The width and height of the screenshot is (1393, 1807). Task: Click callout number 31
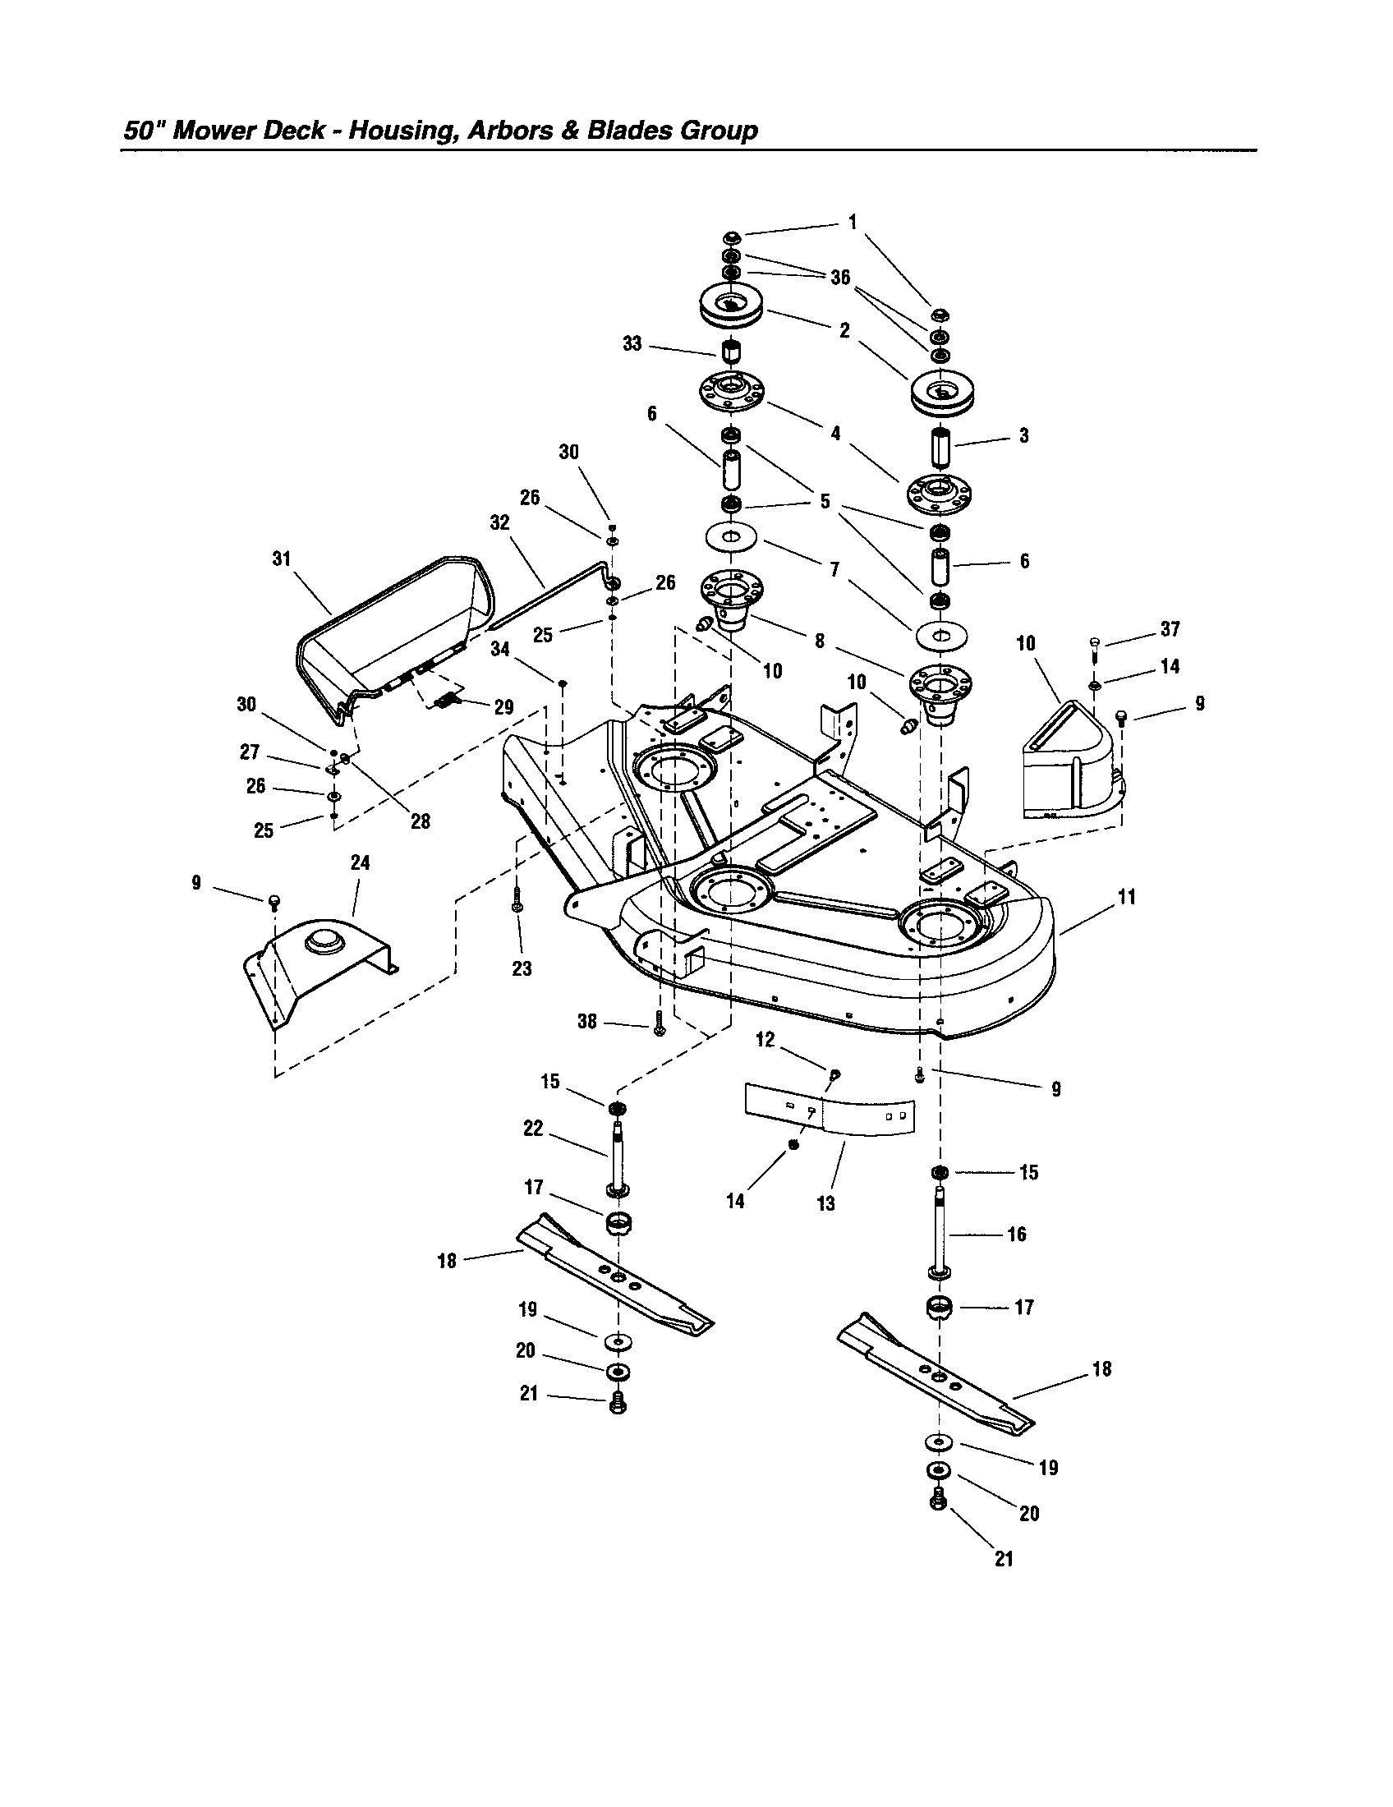click(x=282, y=559)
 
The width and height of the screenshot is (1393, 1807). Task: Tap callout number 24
click(x=360, y=863)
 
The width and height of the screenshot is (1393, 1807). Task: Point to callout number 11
click(x=1127, y=897)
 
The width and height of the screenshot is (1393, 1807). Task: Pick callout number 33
click(x=632, y=344)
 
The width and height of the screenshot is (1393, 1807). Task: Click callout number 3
click(x=1024, y=436)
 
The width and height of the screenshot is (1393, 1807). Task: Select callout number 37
click(x=1170, y=630)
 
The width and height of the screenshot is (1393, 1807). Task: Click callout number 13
click(x=825, y=1204)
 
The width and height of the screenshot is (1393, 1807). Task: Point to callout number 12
click(x=765, y=1040)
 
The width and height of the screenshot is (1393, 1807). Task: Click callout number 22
click(x=534, y=1129)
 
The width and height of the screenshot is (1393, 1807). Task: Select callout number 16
click(x=1016, y=1235)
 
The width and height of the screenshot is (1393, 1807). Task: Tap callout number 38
click(x=586, y=1022)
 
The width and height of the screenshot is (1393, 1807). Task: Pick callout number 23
click(x=522, y=968)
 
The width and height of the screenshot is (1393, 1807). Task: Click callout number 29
click(x=503, y=707)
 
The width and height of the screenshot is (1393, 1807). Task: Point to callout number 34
click(x=499, y=650)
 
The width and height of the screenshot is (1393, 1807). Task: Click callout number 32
click(x=499, y=523)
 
